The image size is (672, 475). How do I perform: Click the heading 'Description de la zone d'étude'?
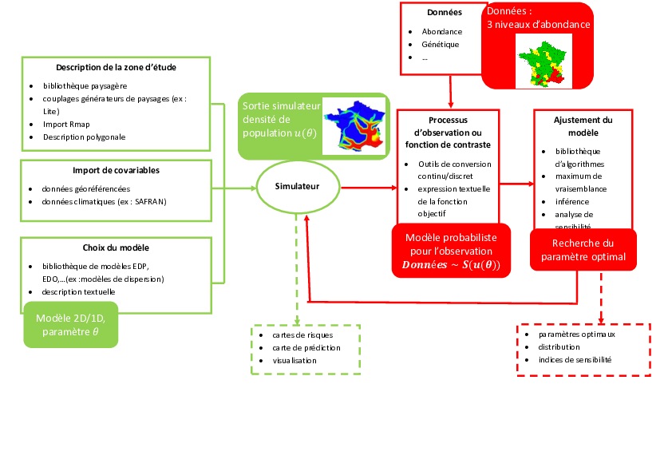[x=116, y=67]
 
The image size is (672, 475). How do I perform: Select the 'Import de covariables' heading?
[x=116, y=170]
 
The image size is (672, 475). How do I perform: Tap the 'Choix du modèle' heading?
[x=116, y=247]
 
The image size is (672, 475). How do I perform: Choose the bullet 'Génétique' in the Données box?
[x=441, y=45]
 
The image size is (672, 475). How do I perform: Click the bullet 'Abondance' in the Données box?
[x=442, y=32]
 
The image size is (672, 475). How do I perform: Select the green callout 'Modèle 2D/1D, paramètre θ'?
[x=71, y=325]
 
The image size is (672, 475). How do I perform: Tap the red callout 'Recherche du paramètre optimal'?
[x=583, y=250]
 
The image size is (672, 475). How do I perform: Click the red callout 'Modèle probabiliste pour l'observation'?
[x=451, y=251]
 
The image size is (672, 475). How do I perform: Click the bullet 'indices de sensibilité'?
[x=575, y=360]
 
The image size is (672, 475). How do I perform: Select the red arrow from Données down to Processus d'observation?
[x=451, y=92]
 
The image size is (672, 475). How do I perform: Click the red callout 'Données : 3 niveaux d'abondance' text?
[x=539, y=18]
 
